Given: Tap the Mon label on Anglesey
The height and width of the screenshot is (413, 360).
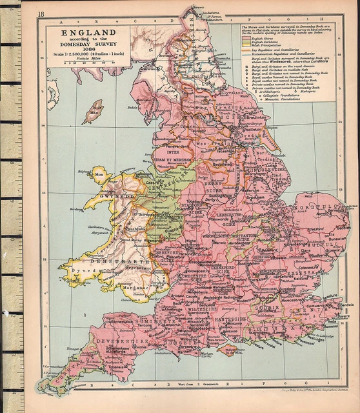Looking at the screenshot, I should pyautogui.click(x=99, y=174).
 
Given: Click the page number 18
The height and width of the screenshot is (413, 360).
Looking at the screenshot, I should pyautogui.click(x=41, y=14).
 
